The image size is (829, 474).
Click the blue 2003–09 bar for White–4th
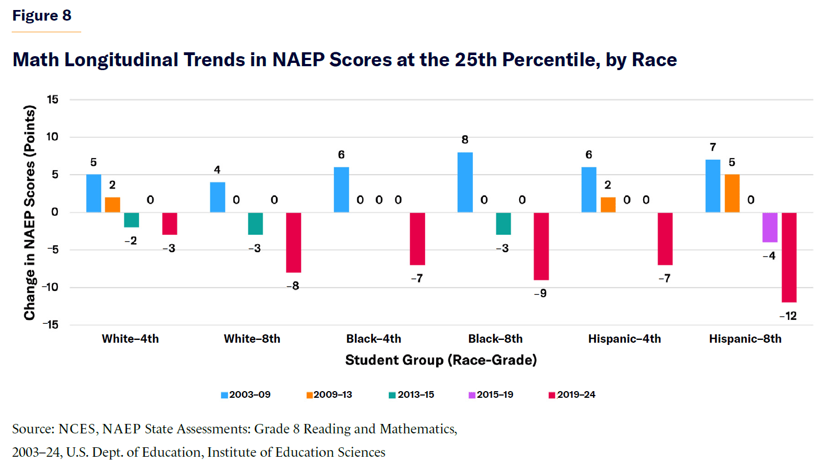pos(93,193)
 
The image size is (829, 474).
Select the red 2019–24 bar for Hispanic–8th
pos(789,257)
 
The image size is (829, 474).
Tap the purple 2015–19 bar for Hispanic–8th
pos(769,227)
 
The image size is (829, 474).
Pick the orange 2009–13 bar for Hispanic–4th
pos(608,205)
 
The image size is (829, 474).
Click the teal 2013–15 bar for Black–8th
pos(504,224)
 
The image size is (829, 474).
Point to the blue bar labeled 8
pos(465,182)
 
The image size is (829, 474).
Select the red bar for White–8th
pos(294,243)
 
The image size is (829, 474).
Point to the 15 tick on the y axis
pos(53,100)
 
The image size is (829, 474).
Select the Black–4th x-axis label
pos(373,339)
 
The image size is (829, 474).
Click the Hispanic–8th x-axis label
pos(745,339)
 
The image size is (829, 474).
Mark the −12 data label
pos(788,316)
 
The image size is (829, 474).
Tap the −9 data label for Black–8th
pos(540,293)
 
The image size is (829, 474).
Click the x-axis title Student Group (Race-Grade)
pos(441,360)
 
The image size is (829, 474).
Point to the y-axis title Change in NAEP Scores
pos(29,213)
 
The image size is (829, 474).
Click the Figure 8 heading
pos(42,16)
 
